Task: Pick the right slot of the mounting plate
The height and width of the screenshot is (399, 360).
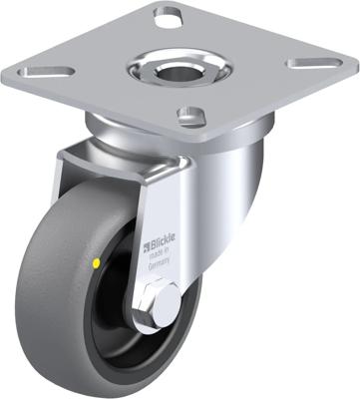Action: tap(307, 62)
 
